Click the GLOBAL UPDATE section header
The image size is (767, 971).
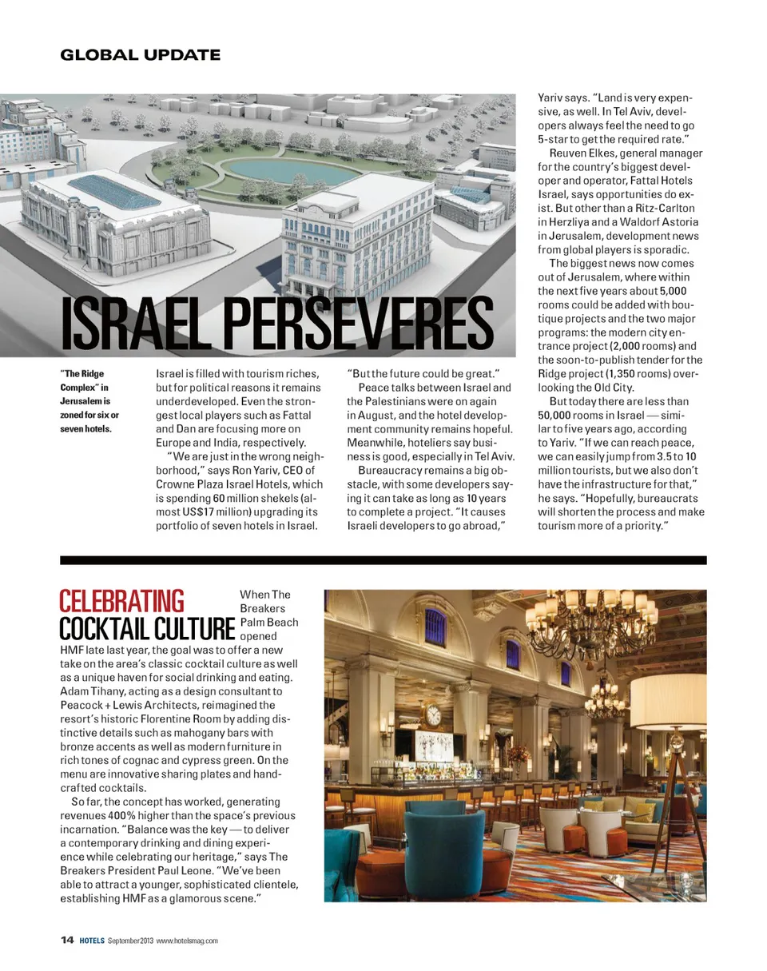(140, 55)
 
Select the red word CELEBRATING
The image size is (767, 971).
(121, 601)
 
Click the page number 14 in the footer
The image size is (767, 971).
(67, 940)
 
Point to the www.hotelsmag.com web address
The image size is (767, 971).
(187, 941)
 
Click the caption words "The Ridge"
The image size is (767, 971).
(81, 374)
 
